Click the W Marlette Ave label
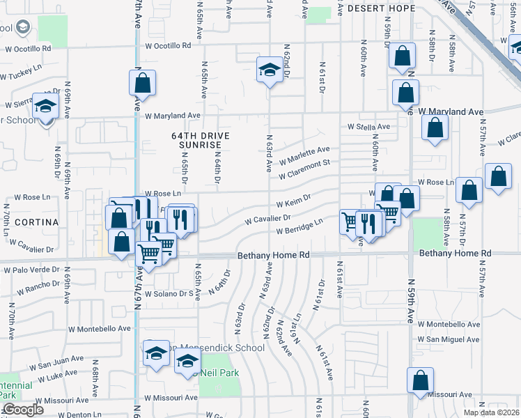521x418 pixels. (x=304, y=155)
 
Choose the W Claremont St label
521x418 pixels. (x=304, y=169)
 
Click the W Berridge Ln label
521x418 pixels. (x=300, y=227)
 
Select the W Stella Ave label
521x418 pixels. (x=369, y=127)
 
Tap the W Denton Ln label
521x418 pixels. (x=77, y=415)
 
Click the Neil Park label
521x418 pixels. (x=221, y=373)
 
